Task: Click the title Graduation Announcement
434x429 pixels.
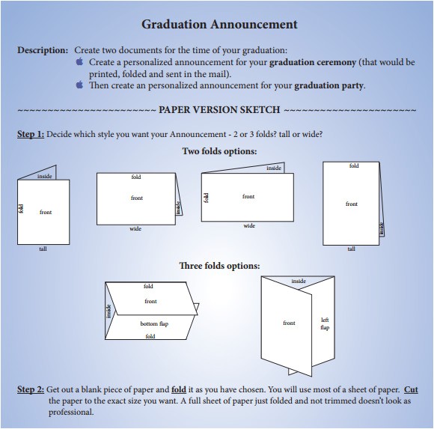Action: pyautogui.click(x=219, y=24)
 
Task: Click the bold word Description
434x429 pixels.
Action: pyautogui.click(x=42, y=50)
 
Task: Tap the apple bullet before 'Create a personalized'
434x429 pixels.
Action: pyautogui.click(x=80, y=62)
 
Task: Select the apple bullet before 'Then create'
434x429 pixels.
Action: pyautogui.click(x=80, y=85)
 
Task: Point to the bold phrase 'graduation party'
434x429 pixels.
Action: pyautogui.click(x=329, y=85)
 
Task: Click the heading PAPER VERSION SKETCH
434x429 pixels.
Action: pyautogui.click(x=220, y=110)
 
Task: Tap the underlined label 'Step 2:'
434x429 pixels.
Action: pyautogui.click(x=31, y=390)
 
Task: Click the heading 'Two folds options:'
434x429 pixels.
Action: pyautogui.click(x=219, y=151)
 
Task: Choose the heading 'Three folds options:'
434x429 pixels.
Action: pyautogui.click(x=219, y=266)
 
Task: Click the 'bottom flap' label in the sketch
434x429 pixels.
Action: pyautogui.click(x=154, y=323)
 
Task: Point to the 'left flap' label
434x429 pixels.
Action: pyautogui.click(x=325, y=323)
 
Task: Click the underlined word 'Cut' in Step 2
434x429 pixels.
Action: pyautogui.click(x=411, y=390)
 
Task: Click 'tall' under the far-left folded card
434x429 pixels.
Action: pyautogui.click(x=43, y=249)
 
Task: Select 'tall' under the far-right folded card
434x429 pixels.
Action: pyautogui.click(x=351, y=249)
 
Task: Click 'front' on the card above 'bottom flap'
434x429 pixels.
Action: pyautogui.click(x=150, y=301)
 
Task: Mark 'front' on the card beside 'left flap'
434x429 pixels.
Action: pyautogui.click(x=289, y=323)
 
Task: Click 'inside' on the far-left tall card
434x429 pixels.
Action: pyautogui.click(x=44, y=177)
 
